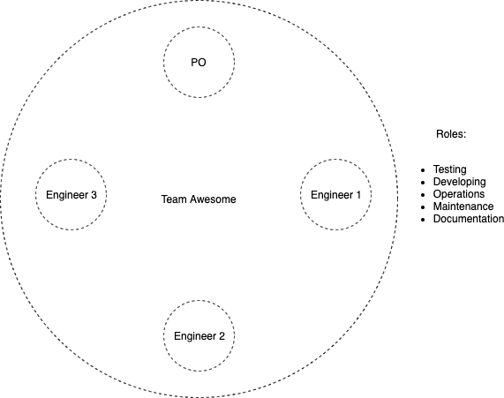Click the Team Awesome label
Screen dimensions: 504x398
[x=199, y=199]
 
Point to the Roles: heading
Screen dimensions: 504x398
[x=451, y=134]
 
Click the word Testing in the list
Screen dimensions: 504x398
[x=449, y=169]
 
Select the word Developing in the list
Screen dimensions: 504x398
[x=459, y=182]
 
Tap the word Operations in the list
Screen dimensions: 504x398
[x=459, y=194]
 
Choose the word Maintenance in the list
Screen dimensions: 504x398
[x=463, y=207]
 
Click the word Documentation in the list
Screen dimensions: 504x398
[x=469, y=219]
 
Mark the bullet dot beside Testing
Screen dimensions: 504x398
[x=423, y=170]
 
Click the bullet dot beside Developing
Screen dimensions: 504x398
[x=423, y=183]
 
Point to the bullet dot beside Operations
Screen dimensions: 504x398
[x=423, y=195]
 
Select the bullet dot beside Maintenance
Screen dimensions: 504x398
[x=423, y=207]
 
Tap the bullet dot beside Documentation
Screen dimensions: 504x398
[x=423, y=220]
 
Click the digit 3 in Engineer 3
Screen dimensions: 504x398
[x=94, y=195]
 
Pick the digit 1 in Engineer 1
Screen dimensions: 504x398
[x=358, y=195]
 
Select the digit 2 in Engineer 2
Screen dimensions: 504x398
[x=222, y=336]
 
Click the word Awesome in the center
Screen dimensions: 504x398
[x=213, y=199]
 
